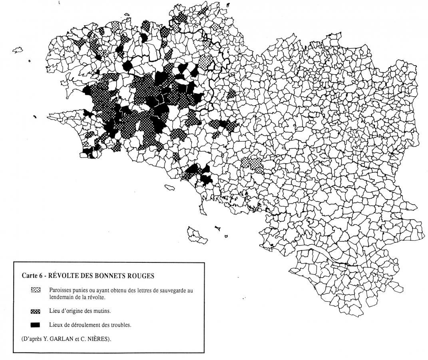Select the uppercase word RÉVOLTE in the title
[64, 276]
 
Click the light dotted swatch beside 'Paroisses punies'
[36, 290]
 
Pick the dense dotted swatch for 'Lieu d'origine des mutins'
[36, 311]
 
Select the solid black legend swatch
[36, 324]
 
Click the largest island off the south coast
[198, 235]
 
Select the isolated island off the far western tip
[18, 50]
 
